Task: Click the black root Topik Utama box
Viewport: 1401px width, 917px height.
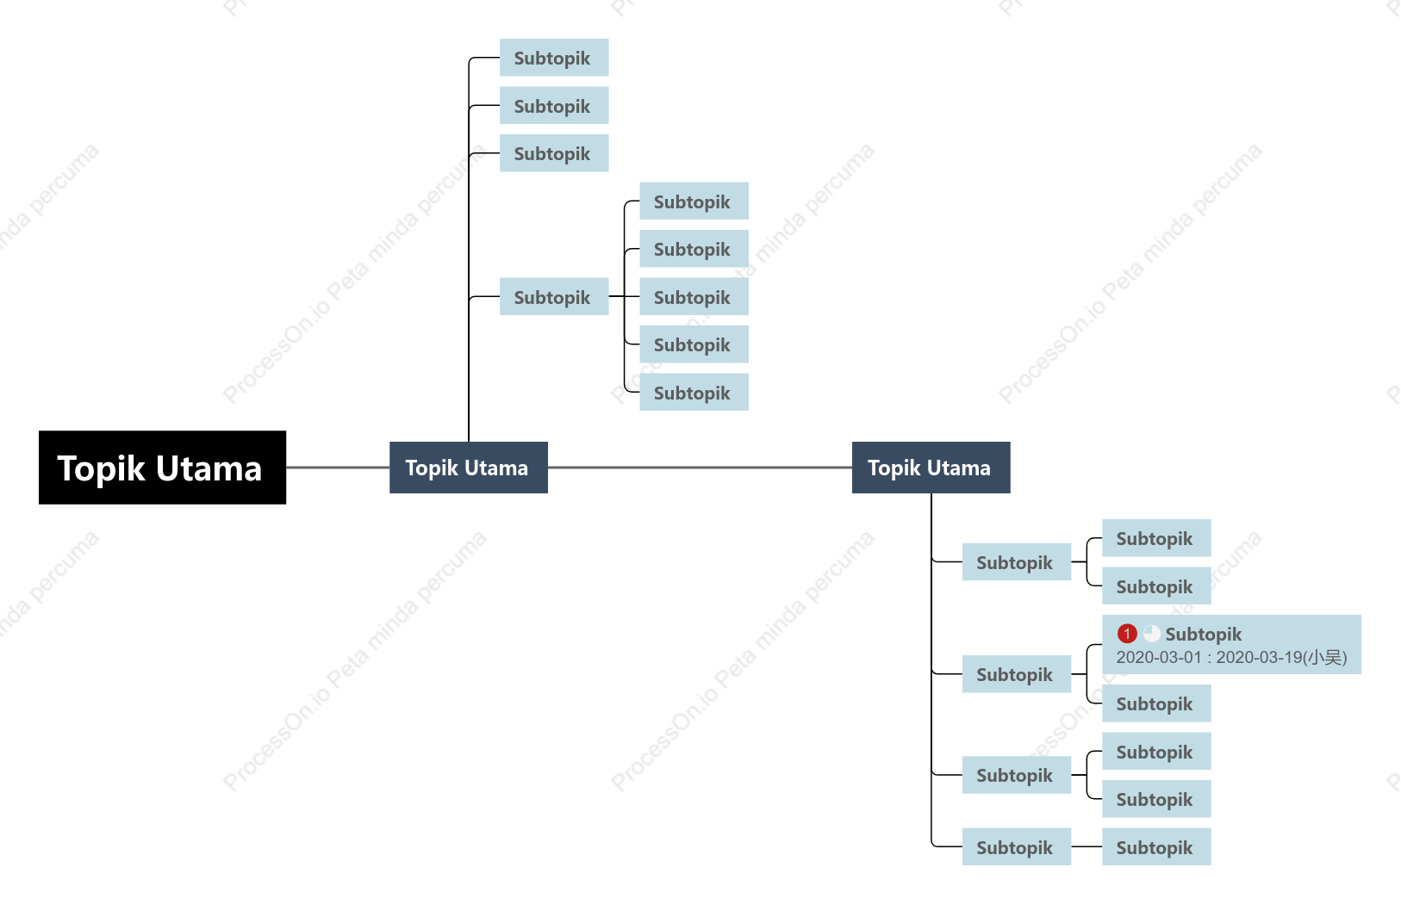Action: point(162,467)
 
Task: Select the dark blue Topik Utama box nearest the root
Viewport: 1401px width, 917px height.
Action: point(469,468)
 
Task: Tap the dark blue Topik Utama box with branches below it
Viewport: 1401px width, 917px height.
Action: point(931,468)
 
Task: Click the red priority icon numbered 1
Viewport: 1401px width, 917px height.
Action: point(1127,634)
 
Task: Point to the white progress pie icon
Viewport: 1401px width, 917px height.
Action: point(1152,634)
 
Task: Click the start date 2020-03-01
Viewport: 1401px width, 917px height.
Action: point(1159,658)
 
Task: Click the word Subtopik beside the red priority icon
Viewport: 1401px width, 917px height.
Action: point(1204,635)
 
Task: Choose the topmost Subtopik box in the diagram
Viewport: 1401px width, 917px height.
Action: point(554,58)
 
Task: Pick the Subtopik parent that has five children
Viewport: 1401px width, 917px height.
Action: point(554,296)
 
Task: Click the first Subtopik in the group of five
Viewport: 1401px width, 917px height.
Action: point(694,201)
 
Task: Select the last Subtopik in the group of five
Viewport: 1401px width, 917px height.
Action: point(694,392)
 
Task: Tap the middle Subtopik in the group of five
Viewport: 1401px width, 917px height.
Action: point(694,296)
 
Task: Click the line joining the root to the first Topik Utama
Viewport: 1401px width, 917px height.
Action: point(338,467)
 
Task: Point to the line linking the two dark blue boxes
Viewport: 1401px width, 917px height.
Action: point(700,467)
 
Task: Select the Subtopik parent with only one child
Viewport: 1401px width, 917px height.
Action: point(1017,846)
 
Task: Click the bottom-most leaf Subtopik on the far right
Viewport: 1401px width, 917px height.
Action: point(1156,846)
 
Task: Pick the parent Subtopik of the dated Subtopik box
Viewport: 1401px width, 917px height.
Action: point(1017,674)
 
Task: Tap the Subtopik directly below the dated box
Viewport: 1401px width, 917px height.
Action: point(1156,703)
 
